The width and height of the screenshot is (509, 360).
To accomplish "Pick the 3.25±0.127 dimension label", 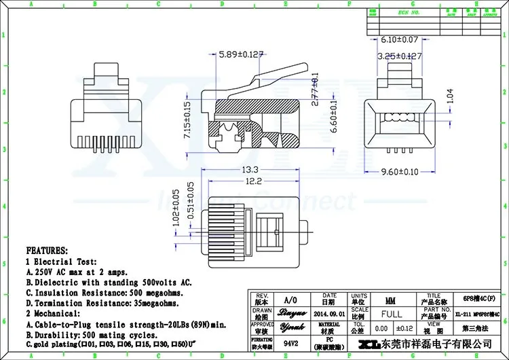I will (x=401, y=56).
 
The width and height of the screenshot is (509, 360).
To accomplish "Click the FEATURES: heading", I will (x=47, y=251).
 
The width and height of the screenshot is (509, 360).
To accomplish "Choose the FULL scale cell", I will (x=391, y=314).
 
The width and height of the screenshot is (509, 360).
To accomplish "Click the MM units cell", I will (x=391, y=300).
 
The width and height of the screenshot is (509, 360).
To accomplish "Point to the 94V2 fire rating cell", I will (x=290, y=344).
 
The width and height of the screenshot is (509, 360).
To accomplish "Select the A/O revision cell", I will (x=290, y=300).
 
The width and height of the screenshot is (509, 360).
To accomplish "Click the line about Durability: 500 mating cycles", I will (x=92, y=335).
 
